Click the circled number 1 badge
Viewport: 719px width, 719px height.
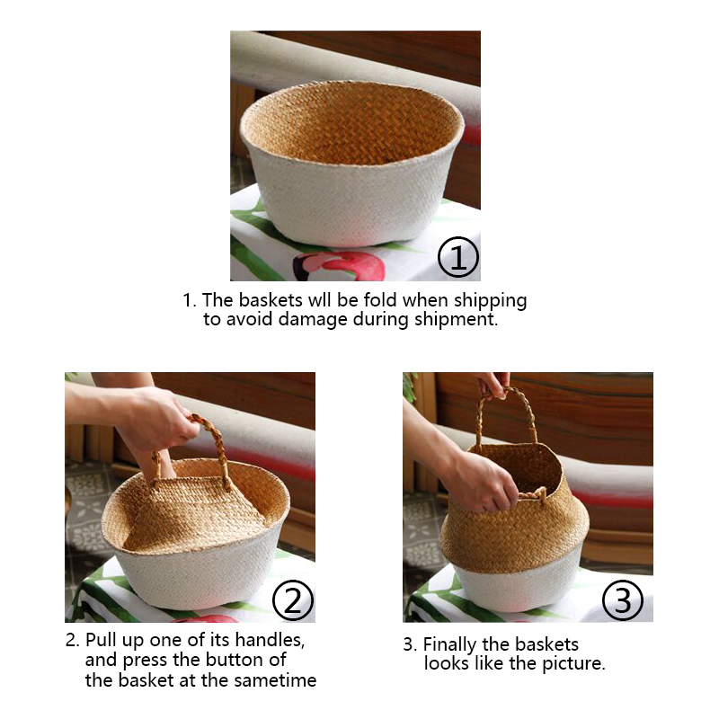point(458,257)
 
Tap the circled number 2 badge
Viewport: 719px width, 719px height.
point(293,600)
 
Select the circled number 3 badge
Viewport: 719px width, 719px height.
point(623,600)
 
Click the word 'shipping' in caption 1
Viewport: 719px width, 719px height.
point(490,301)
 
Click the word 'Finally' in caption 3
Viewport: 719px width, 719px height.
point(449,644)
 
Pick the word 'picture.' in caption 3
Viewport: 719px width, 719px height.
point(573,663)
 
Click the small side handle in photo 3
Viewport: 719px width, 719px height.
point(533,495)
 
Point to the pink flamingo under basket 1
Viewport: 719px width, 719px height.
point(340,266)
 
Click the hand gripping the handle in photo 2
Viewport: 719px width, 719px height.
point(155,420)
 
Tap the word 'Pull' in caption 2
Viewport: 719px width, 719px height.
point(101,640)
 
